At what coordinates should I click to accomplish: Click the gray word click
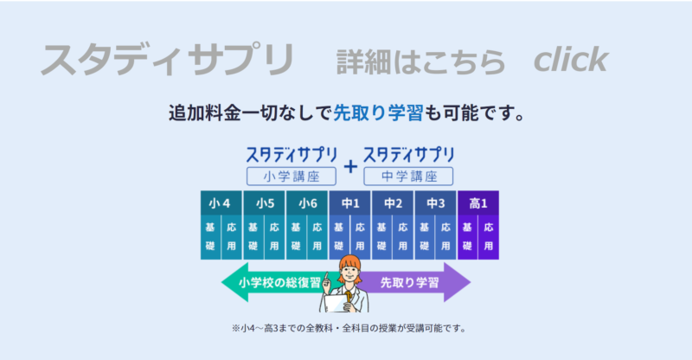coord(571,59)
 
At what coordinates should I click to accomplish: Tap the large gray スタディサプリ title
coord(167,60)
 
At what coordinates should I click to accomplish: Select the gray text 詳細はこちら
coord(420,61)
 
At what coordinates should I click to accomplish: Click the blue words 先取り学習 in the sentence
coord(378,113)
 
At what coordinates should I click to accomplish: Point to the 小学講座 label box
coord(292,177)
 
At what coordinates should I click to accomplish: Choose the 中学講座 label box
coord(408,177)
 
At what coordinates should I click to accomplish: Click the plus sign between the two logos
coord(350,166)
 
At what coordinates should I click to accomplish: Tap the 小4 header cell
coord(221,202)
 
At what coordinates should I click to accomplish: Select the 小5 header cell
coord(264,202)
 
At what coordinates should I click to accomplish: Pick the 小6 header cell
coord(307,202)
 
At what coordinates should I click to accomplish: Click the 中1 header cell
coord(349,202)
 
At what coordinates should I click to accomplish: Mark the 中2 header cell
coord(393,202)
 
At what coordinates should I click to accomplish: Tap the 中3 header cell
coord(435,202)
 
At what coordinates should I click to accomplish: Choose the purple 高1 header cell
coord(478,202)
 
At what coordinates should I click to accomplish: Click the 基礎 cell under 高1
coord(467,237)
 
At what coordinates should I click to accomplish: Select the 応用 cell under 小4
coord(232,237)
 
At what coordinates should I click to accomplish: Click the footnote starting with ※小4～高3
coord(349,328)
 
